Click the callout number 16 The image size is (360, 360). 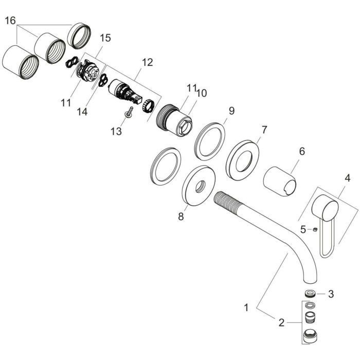pos(10,21)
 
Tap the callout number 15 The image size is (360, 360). pos(105,38)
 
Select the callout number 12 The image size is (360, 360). pos(147,62)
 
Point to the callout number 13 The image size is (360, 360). pos(116,132)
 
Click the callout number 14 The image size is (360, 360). pos(82,112)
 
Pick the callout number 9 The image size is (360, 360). pos(231,111)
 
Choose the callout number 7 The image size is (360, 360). pos(264,130)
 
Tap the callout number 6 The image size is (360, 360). pos(302,151)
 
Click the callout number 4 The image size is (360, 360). pos(348,178)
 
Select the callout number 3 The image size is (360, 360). pos(331,294)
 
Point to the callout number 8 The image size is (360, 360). pos(181,217)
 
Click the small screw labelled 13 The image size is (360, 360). pos(129,112)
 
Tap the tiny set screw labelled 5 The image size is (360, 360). pos(315,229)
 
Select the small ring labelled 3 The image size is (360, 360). pos(310,293)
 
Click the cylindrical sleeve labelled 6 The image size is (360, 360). pos(280,182)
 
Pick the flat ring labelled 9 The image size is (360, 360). pos(210,141)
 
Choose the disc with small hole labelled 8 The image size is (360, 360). pos(199,186)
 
